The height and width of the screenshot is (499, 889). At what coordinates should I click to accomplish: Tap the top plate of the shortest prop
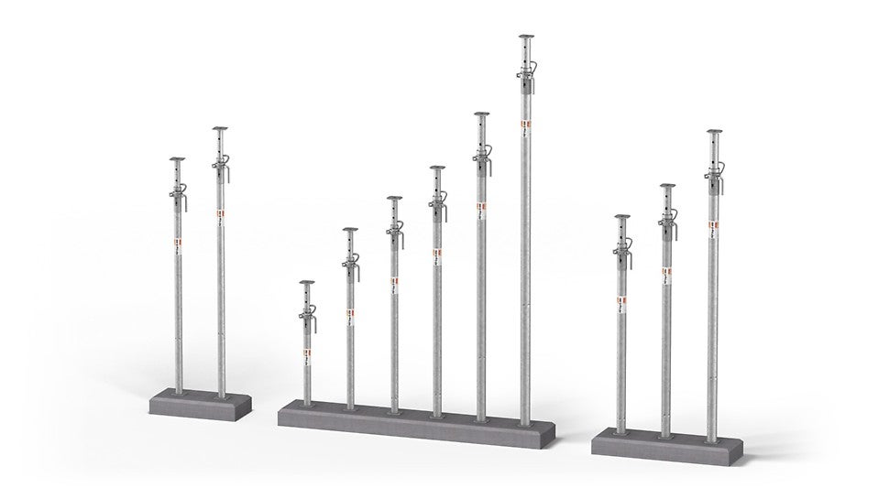[x=306, y=283]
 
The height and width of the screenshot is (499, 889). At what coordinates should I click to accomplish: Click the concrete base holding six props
[x=416, y=417]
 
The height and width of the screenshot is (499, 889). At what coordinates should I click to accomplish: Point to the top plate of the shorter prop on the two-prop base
[x=177, y=159]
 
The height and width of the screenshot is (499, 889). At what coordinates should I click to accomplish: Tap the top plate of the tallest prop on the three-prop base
[x=714, y=134]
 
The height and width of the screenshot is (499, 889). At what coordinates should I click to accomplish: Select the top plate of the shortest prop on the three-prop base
[x=622, y=217]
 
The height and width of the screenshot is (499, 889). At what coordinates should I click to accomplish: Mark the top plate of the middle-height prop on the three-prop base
[x=667, y=187]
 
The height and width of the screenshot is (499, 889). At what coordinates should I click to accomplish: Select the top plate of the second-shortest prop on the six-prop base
[x=350, y=230]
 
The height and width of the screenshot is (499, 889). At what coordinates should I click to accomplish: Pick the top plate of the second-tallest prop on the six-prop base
[x=481, y=114]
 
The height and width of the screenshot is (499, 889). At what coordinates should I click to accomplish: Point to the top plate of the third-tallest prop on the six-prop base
[x=437, y=168]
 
